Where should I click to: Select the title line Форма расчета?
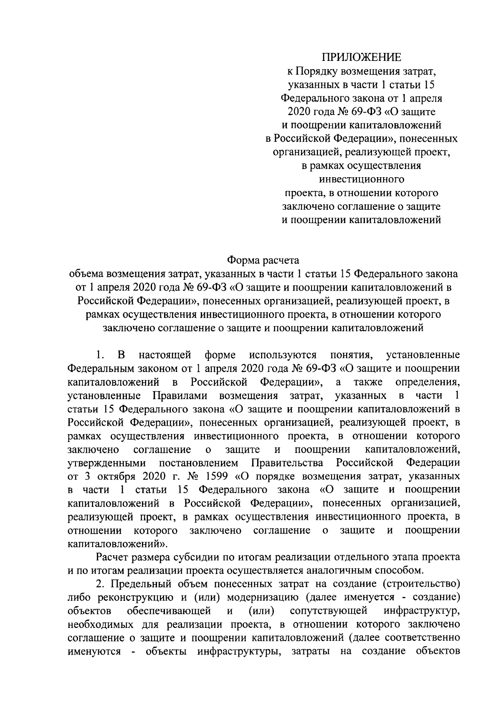[x=263, y=261]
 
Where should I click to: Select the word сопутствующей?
[x=328, y=611]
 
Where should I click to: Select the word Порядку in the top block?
[x=314, y=71]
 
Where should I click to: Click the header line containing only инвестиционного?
[x=361, y=180]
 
